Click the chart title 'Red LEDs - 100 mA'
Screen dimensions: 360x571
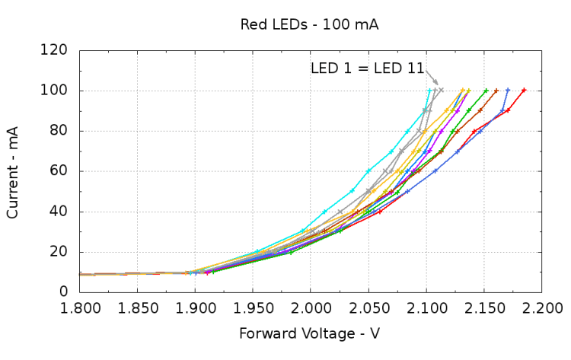pos(309,24)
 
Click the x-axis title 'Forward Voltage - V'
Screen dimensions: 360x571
pos(309,333)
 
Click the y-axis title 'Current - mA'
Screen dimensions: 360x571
pos(12,172)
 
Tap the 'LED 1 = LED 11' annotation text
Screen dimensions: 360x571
pos(367,68)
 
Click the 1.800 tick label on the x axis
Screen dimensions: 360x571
pos(79,307)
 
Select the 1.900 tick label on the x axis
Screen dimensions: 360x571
pos(195,307)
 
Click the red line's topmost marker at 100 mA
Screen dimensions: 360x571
pos(524,91)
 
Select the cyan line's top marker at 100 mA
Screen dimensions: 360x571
pos(430,91)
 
